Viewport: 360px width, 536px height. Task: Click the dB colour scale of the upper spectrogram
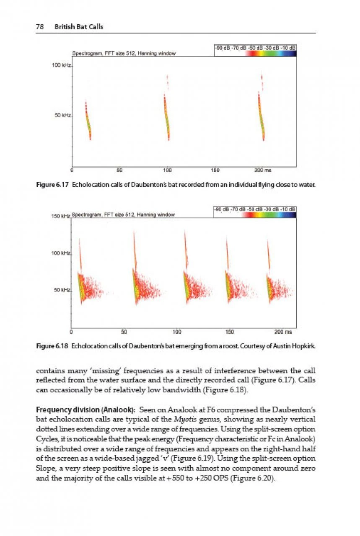[x=255, y=51]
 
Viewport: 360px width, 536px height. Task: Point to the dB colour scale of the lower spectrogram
[x=255, y=212]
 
